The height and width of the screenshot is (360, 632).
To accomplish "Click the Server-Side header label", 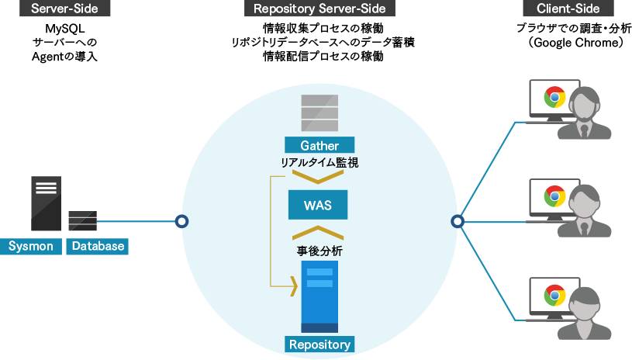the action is click(x=64, y=9).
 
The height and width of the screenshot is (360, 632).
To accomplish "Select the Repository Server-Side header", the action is click(x=319, y=9).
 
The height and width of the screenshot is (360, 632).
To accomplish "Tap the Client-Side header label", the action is click(x=568, y=9).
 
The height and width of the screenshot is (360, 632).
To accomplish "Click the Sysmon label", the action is click(x=31, y=246).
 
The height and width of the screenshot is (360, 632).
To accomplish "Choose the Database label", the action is click(x=98, y=246).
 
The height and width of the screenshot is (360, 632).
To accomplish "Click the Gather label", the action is click(x=319, y=145).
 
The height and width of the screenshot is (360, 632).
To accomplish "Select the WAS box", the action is click(x=318, y=205).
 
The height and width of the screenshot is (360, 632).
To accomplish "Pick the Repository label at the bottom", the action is click(x=319, y=344).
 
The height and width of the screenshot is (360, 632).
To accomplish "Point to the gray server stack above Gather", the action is click(x=319, y=112).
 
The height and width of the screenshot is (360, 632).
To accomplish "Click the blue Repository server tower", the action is click(x=319, y=296).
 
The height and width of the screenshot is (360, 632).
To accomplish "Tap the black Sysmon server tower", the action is click(x=47, y=203).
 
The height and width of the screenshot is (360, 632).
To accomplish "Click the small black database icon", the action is click(x=83, y=220).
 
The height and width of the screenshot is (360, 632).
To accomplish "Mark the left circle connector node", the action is click(x=181, y=221).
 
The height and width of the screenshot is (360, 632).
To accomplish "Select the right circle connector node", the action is click(x=458, y=221).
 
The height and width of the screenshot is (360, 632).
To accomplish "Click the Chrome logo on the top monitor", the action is click(x=554, y=97).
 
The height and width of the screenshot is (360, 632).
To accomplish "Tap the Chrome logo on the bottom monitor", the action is click(x=554, y=295).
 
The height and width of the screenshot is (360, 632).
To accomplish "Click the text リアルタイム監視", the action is click(x=319, y=163).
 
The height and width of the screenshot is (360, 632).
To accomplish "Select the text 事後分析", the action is click(x=319, y=251).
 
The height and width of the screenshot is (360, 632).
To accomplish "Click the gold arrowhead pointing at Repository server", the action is click(x=294, y=286).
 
